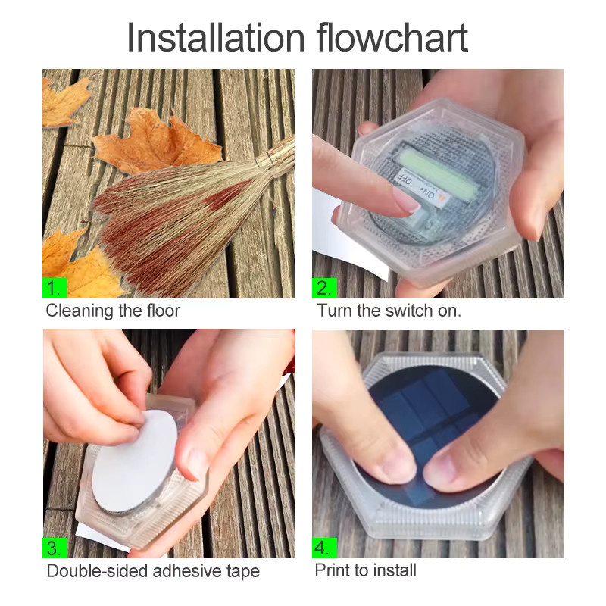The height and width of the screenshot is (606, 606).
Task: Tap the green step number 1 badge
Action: pos(55,288)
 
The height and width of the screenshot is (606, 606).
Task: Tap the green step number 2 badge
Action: pos(325,288)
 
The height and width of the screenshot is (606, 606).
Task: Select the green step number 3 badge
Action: pos(55,548)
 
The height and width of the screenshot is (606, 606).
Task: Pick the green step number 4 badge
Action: pos(324,548)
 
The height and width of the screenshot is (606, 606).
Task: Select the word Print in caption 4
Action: pos(332,570)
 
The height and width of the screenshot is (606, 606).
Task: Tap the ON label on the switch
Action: pos(429,195)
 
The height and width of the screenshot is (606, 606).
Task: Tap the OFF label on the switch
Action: pos(405,180)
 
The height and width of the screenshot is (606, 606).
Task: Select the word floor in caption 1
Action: pos(164,311)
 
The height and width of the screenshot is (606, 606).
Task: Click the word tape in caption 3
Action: pos(243,572)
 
